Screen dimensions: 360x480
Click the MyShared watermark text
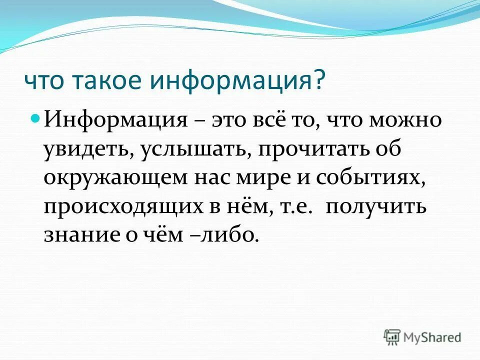click(x=432, y=337)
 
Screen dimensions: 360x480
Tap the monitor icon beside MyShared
click(x=392, y=337)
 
